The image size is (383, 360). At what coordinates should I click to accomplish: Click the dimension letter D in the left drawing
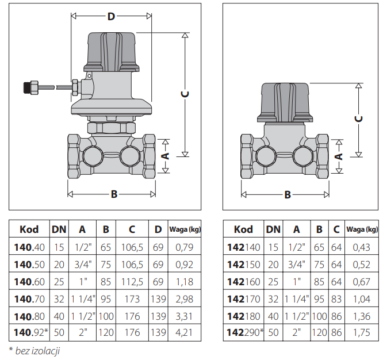tap(111, 16)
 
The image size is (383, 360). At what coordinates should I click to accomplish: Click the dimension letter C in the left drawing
tap(185, 94)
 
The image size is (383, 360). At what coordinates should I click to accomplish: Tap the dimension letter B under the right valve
tap(288, 194)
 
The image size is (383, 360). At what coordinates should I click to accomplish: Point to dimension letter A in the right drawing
tap(339, 156)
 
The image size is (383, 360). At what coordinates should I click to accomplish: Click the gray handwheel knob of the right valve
tap(285, 101)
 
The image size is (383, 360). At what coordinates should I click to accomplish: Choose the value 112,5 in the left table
tap(132, 282)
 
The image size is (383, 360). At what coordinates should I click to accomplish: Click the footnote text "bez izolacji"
tap(37, 350)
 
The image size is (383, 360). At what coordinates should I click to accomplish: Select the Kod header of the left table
tap(29, 229)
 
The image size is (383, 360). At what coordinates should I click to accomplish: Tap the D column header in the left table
tap(158, 229)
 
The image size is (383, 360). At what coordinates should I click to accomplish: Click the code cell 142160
tap(244, 282)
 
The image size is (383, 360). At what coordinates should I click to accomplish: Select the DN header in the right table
tap(273, 229)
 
